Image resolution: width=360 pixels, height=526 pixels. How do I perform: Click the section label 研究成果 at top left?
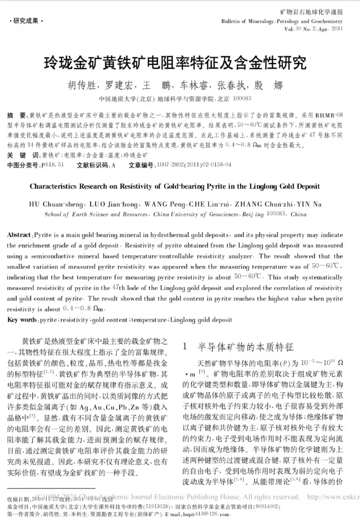pos(26,21)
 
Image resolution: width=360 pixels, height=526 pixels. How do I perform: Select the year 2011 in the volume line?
pos(337,29)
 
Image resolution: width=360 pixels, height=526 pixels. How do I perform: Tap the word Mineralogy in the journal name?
pos(261,21)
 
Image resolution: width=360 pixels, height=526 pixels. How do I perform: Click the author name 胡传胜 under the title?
pos(82,86)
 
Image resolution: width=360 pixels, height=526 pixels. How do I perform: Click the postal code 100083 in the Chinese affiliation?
pos(242,98)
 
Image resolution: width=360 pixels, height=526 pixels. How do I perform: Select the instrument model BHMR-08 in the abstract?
pos(329,115)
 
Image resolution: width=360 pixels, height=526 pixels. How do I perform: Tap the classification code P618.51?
pos(52,165)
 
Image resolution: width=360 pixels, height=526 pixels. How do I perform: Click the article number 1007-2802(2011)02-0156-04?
pos(194,165)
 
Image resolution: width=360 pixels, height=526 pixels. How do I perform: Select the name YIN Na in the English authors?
pos(309,204)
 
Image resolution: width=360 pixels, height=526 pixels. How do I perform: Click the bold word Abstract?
pos(19,235)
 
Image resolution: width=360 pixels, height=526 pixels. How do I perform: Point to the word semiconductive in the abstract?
pos(53,256)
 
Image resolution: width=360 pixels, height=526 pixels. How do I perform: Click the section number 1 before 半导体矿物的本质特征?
pos(185,347)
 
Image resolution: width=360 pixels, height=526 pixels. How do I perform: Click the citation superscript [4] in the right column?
pos(202,372)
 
